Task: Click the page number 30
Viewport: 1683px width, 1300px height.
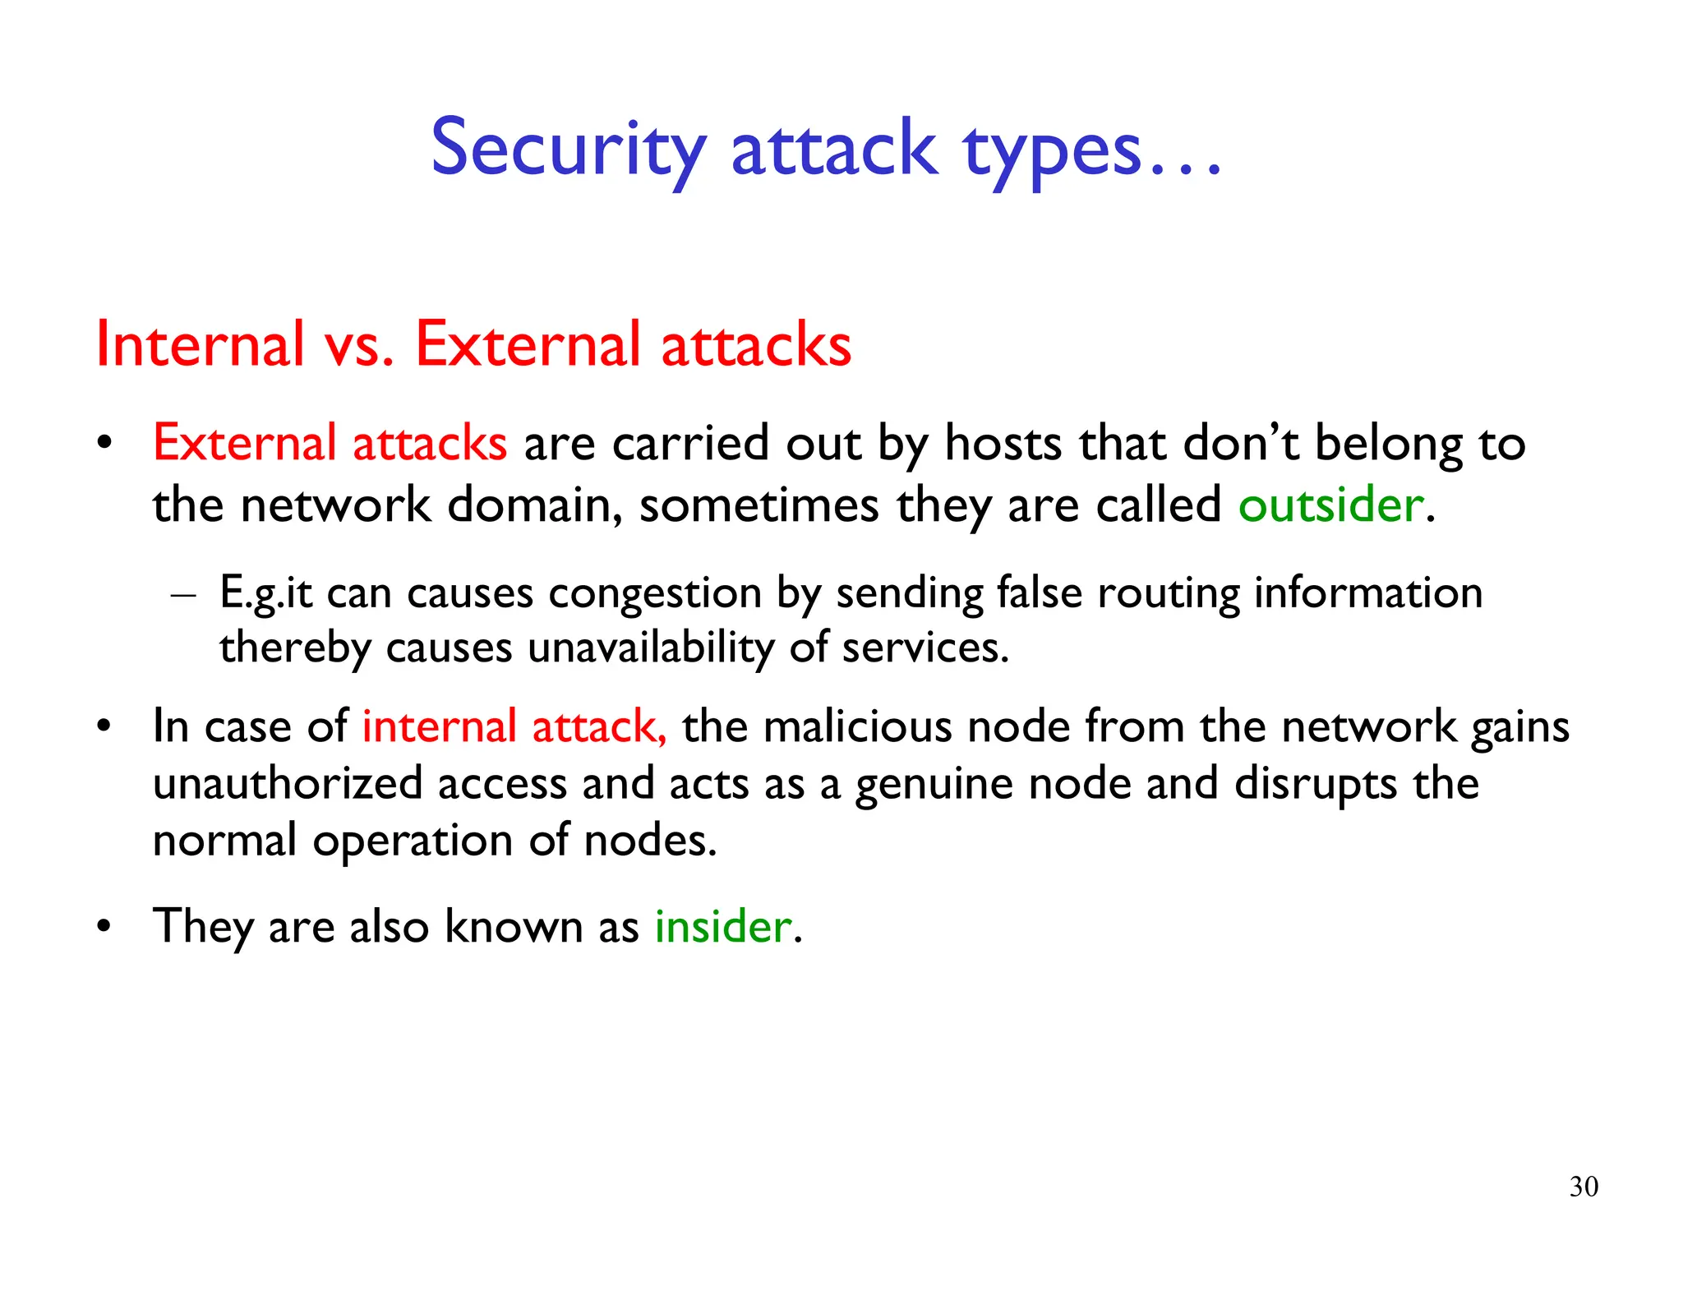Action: [x=1584, y=1187]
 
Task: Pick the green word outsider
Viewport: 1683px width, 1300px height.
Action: [x=1330, y=504]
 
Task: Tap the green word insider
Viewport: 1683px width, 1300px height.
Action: [x=722, y=926]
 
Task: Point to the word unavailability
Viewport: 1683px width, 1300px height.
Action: [x=650, y=648]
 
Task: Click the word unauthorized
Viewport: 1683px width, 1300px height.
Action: [x=288, y=783]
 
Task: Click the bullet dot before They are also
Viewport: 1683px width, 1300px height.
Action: [x=104, y=927]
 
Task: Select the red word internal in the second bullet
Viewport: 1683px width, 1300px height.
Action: [x=439, y=727]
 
